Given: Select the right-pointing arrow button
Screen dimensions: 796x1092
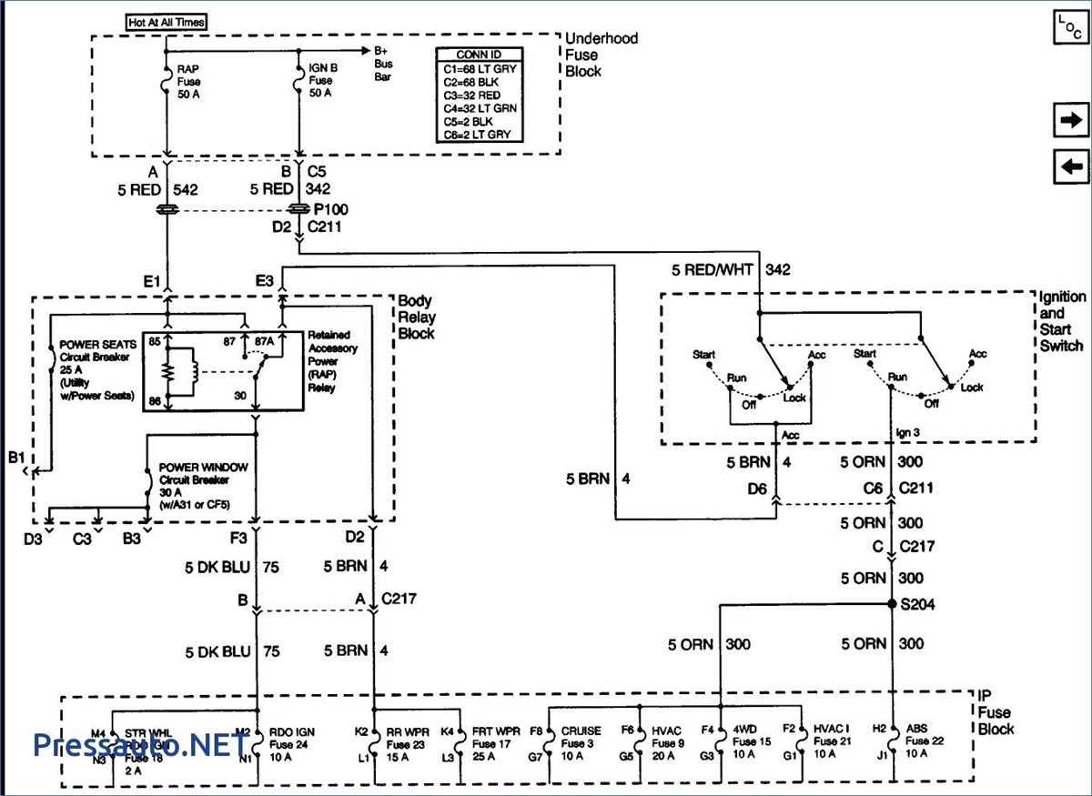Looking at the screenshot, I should [x=1071, y=120].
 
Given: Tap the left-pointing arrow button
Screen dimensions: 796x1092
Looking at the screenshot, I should [x=1071, y=166].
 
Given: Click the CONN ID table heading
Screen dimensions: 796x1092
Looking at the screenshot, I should [x=479, y=55].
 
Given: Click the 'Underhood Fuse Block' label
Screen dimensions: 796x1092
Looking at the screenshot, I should [x=601, y=55].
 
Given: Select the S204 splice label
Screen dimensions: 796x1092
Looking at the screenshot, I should [x=916, y=604].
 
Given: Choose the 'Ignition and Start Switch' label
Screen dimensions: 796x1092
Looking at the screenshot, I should [x=1062, y=321].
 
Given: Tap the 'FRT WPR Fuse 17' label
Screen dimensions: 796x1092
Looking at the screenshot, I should [x=495, y=742].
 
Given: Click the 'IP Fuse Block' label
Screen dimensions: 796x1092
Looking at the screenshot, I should [x=996, y=711].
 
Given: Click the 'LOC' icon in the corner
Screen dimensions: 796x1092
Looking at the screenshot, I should [x=1070, y=26].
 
